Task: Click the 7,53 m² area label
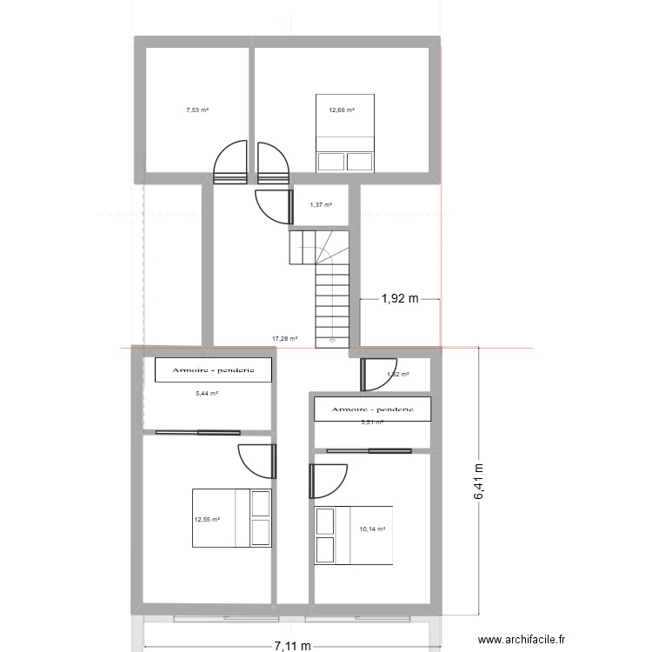coord(197,110)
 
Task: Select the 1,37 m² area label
coord(321,205)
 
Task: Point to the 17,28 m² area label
coord(285,339)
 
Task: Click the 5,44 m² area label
coord(206,393)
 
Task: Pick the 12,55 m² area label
coord(207,520)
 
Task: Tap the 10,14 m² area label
coord(372,529)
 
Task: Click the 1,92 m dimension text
coord(400,300)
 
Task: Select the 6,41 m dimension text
coord(479,481)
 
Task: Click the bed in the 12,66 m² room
coord(345,133)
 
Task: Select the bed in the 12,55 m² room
coord(232,517)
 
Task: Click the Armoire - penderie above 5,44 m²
coord(213,370)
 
